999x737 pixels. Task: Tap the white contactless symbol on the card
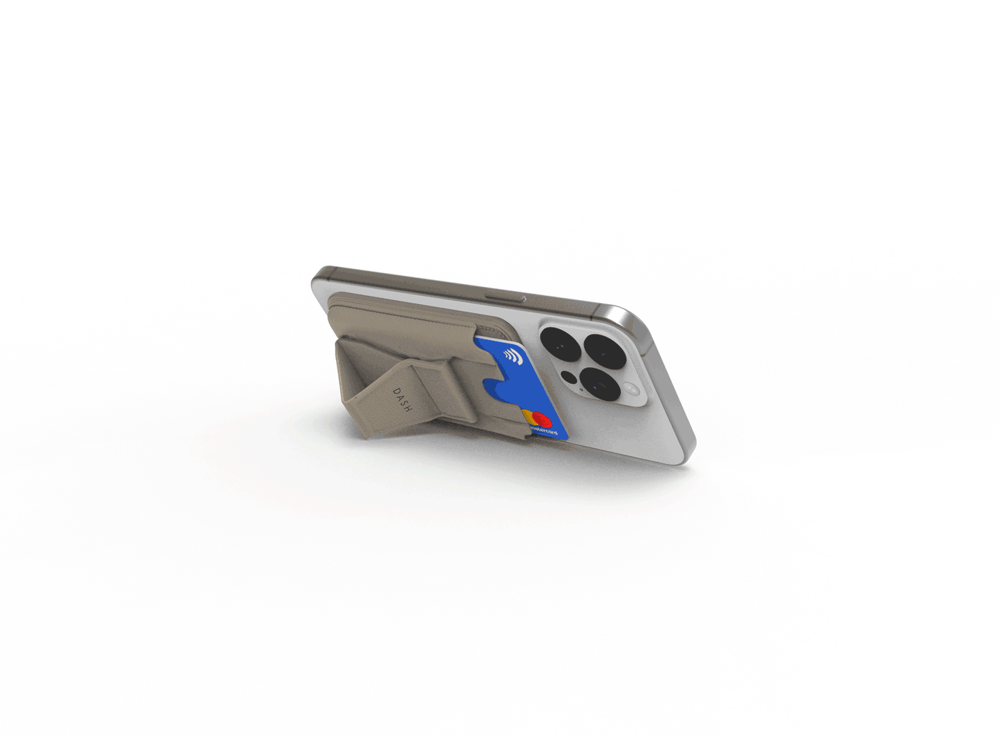click(x=512, y=357)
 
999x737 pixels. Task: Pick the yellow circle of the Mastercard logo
click(x=530, y=417)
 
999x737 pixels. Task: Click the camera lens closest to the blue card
click(x=555, y=340)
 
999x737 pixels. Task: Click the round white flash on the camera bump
click(x=633, y=391)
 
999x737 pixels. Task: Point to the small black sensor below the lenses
click(x=569, y=377)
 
